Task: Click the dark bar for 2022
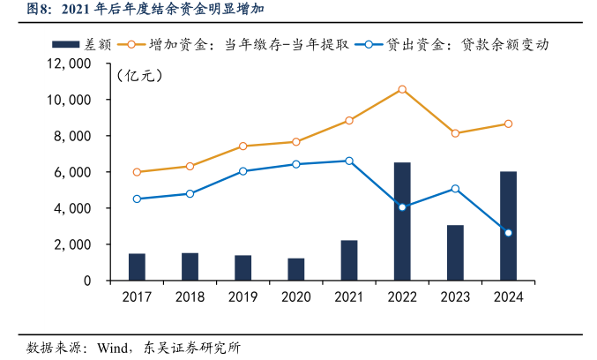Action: tap(401, 221)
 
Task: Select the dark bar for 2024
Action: tap(508, 226)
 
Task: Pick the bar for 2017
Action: tap(137, 266)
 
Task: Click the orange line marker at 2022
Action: tap(402, 89)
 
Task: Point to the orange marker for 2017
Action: tap(137, 172)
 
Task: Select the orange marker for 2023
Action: tap(455, 133)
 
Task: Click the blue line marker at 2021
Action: tap(349, 161)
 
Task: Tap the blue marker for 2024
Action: tap(508, 233)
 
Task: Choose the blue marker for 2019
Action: tap(243, 171)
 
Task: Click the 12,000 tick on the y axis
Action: tap(73, 64)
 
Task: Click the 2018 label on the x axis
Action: tap(190, 297)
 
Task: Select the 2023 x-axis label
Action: tap(455, 297)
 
